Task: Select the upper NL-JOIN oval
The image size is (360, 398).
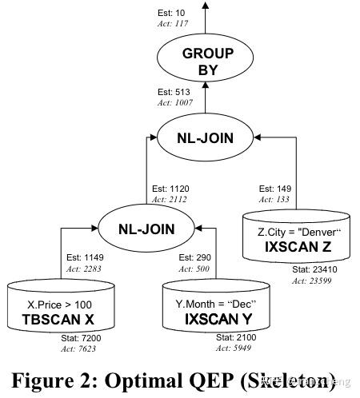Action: pyautogui.click(x=205, y=138)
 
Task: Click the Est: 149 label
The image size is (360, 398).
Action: pyautogui.click(x=274, y=189)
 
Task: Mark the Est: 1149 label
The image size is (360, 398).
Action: pyautogui.click(x=84, y=259)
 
